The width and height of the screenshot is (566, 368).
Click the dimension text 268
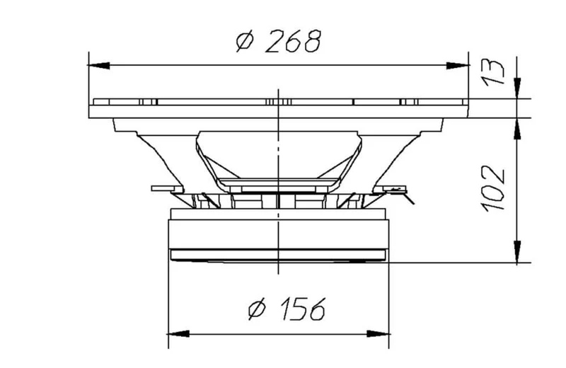point(293,41)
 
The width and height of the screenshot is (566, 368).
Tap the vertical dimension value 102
point(492,188)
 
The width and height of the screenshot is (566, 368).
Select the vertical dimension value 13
point(493,72)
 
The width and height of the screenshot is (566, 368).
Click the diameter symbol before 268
point(245,41)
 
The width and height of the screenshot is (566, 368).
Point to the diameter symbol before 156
point(257,309)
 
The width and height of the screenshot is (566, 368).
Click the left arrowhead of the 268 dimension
point(99,65)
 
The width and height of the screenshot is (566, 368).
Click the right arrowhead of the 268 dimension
point(458,65)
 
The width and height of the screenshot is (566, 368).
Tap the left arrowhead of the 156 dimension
point(179,334)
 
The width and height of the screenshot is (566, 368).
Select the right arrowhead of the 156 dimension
point(379,334)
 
